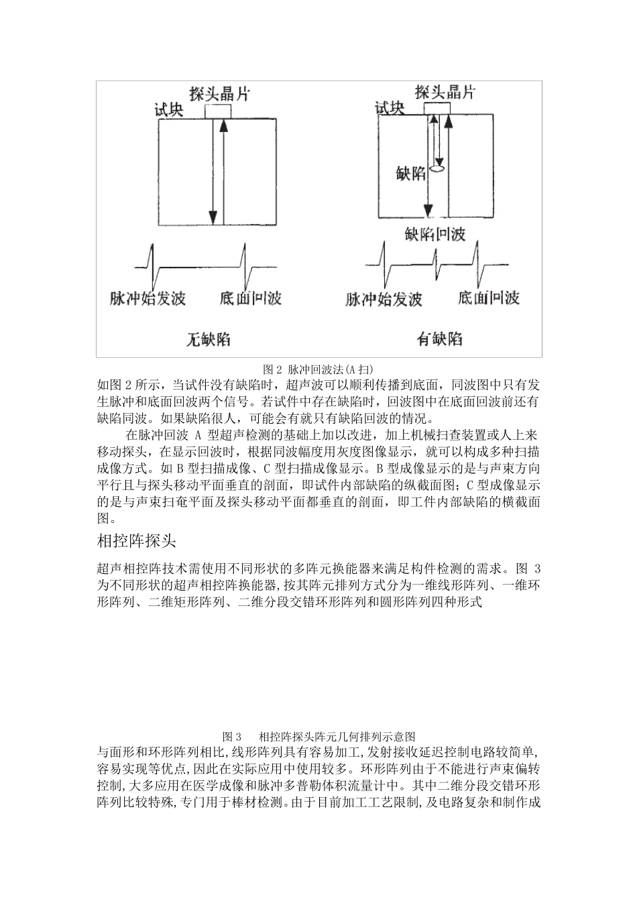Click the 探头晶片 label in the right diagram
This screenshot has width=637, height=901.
point(445,92)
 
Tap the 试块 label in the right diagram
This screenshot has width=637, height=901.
point(390,108)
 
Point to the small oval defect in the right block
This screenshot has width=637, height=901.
point(438,170)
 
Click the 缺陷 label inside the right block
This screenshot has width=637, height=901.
point(411,174)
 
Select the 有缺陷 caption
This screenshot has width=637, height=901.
point(439,339)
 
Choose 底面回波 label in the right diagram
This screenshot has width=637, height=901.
point(489,297)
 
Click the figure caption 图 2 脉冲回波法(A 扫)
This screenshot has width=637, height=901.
point(318,369)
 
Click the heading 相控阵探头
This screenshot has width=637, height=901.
point(137,540)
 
